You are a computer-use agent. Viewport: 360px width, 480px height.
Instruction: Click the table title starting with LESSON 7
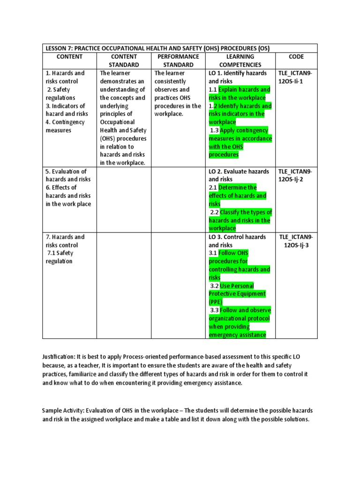coord(157,48)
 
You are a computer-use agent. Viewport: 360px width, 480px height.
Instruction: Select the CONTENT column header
coord(69,57)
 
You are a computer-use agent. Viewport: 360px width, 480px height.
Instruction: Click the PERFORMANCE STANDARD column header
coord(178,60)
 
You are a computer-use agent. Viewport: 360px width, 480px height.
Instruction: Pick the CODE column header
coord(296,57)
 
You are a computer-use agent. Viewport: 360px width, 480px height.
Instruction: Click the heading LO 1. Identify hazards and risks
coord(238,77)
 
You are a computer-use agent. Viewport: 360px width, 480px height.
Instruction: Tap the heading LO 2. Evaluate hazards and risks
coord(239,175)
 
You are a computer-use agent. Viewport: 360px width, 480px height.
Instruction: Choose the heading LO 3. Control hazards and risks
coord(237,241)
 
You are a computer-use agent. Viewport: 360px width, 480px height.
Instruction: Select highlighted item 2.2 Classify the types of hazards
coord(240,220)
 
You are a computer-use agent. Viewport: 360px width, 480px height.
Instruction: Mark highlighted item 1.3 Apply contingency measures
coord(240,142)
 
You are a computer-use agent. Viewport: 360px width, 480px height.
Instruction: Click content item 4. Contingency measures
coord(65,126)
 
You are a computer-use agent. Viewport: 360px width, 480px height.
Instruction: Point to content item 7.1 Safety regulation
coord(60,257)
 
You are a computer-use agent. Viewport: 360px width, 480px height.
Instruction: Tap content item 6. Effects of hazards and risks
coord(68,195)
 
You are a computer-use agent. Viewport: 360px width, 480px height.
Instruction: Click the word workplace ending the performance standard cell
coord(169,114)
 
